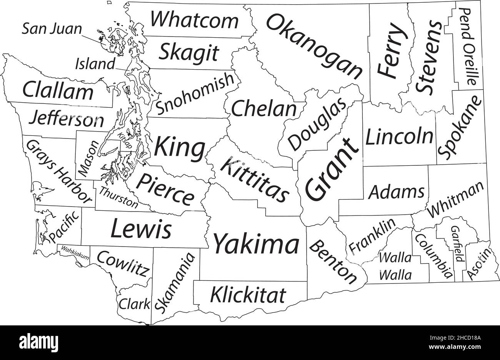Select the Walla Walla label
[395, 266]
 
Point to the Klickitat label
[248, 295]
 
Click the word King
[180, 148]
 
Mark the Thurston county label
[118, 198]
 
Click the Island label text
[95, 64]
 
